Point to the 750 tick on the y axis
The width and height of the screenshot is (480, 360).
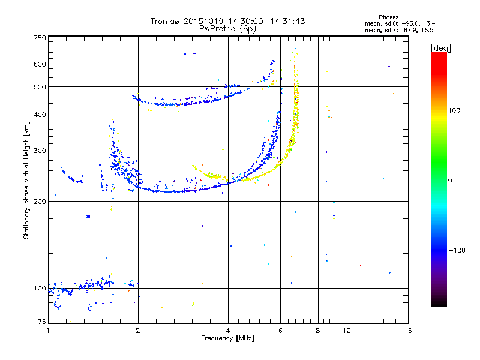40,38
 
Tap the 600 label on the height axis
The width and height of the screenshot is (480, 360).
40,64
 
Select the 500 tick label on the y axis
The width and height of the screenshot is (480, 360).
40,87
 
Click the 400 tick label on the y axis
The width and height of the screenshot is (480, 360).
40,115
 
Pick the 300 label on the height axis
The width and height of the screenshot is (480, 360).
40,151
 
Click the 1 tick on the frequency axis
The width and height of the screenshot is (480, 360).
49,331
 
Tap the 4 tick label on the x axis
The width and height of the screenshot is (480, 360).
228,331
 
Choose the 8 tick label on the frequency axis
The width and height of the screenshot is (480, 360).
318,331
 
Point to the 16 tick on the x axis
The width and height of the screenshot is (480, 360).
407,331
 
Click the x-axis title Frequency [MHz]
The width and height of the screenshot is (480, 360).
227,339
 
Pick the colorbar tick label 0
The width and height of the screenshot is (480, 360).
451,180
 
